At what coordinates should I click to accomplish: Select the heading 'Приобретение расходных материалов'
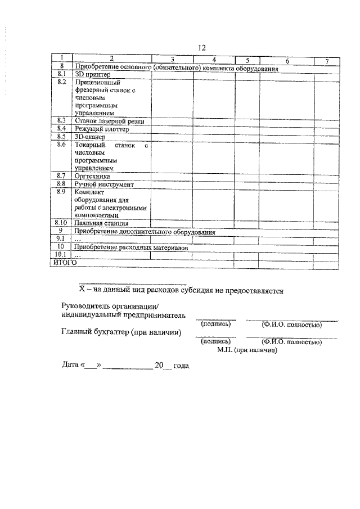130,247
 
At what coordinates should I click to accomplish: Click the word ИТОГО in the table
64,262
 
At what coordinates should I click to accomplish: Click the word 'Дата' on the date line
71,366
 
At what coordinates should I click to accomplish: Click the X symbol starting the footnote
80,291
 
